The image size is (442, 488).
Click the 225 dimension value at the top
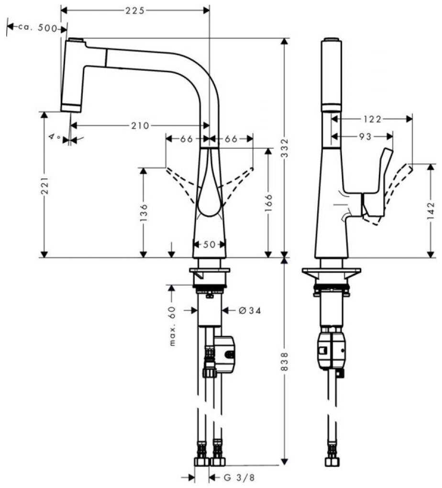click(135, 11)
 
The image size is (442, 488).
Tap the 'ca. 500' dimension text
click(38, 28)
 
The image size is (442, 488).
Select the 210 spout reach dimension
click(140, 125)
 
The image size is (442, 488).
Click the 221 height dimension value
click(45, 186)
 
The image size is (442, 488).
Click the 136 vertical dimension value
click(144, 212)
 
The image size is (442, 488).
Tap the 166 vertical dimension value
click(268, 202)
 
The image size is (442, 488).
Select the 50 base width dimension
click(209, 244)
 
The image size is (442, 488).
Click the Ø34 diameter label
click(250, 311)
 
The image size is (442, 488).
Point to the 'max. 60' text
click(172, 326)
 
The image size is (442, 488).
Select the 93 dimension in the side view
click(365, 136)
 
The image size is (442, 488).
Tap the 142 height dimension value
click(431, 211)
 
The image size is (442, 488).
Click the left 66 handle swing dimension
click(187, 139)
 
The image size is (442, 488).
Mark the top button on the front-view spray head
click(76, 40)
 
